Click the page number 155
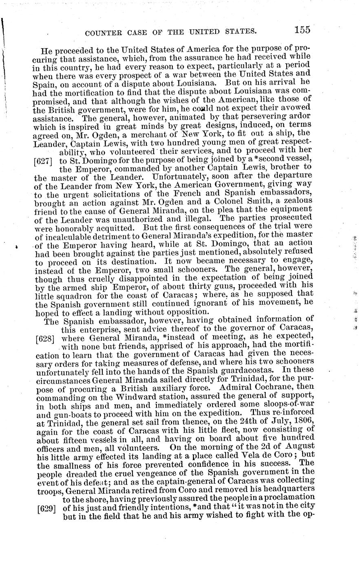click(x=301, y=29)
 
